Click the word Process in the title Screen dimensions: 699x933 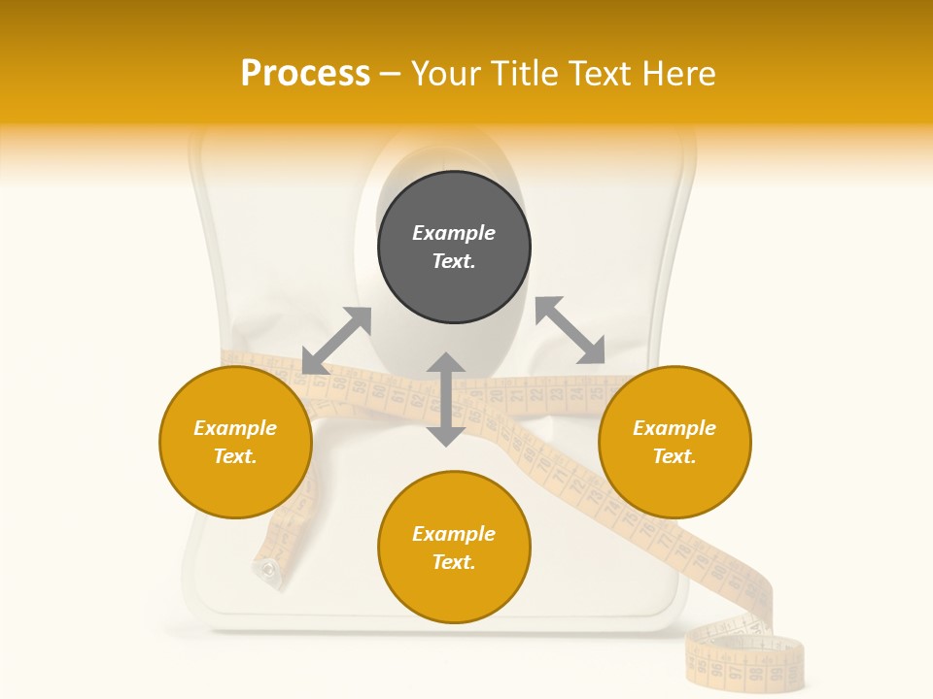pos(305,74)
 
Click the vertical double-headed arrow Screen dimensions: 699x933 pos(446,399)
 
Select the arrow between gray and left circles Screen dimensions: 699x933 pos(336,341)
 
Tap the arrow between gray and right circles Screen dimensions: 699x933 pos(570,330)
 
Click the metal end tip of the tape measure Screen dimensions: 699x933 pos(265,572)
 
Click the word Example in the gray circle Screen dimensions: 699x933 pos(454,233)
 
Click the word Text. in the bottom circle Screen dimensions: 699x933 pos(454,562)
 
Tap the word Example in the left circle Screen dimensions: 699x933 pos(235,428)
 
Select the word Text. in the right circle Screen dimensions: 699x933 pos(674,456)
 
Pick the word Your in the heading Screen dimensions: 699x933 pos(445,74)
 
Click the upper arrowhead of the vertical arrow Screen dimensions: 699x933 pos(446,363)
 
